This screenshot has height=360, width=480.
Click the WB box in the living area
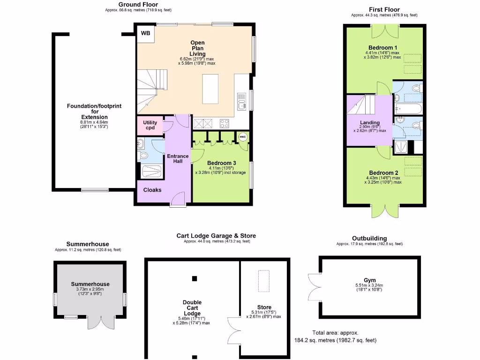tap(146, 34)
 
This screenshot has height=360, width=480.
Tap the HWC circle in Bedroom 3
tap(243, 136)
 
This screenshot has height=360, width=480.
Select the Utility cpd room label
tap(150, 125)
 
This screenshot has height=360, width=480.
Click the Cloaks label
tap(152, 190)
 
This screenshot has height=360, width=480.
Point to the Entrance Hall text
tap(178, 158)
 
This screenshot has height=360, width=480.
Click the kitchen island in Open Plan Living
tap(211, 89)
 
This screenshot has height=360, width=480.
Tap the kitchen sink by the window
tap(242, 101)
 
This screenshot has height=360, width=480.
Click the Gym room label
tap(370, 280)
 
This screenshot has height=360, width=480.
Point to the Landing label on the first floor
tap(370, 123)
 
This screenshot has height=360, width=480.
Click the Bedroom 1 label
tap(383, 47)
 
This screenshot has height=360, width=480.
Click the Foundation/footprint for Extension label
tap(94, 112)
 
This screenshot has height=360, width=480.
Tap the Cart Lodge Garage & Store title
tap(216, 236)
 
